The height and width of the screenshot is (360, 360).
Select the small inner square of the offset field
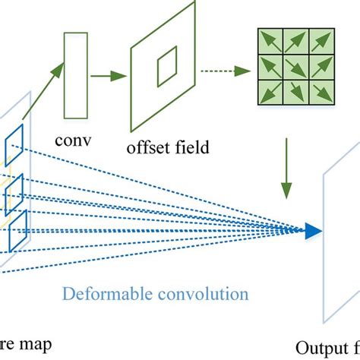[x=166, y=72]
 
